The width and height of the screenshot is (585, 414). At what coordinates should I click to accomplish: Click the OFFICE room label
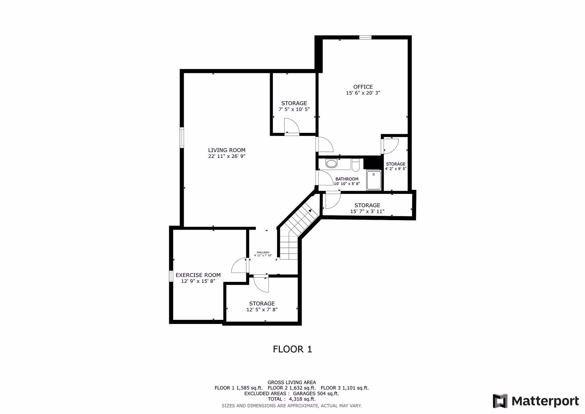click(x=363, y=87)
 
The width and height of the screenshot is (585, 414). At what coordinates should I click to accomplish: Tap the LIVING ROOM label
click(x=227, y=150)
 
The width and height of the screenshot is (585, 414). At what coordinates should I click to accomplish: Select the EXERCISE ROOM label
click(x=198, y=275)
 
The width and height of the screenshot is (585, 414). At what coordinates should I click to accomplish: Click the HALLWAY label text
click(x=263, y=252)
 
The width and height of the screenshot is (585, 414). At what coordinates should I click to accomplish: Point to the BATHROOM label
click(x=347, y=179)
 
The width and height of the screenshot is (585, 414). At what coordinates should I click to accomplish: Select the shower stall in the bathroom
click(x=374, y=180)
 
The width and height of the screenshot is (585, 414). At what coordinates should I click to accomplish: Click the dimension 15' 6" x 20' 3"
click(x=363, y=93)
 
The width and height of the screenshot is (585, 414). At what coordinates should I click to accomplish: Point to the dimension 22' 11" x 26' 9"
click(x=227, y=156)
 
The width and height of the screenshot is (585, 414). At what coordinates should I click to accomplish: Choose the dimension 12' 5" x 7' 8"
click(x=262, y=309)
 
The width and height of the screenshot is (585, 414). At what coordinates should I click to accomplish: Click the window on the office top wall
click(x=365, y=37)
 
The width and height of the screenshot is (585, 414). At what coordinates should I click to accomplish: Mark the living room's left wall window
click(x=182, y=137)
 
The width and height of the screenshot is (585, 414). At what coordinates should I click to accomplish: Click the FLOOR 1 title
click(x=292, y=349)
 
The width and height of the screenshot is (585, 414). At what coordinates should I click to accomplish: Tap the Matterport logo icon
click(x=500, y=401)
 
